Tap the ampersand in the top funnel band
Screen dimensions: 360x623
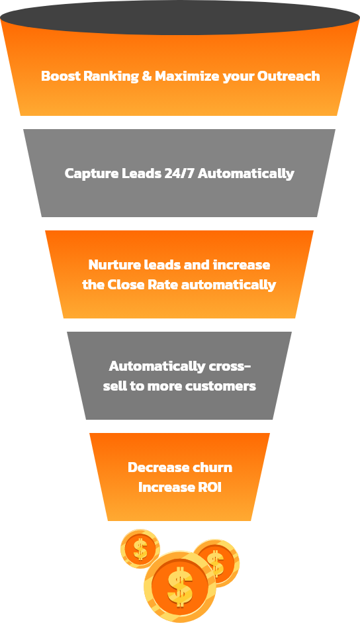147,75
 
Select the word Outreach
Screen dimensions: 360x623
289,75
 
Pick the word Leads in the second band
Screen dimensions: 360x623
141,173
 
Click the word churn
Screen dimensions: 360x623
211,467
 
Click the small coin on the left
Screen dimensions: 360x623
140,549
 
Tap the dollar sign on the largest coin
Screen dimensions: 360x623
180,587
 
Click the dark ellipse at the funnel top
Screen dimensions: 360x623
180,17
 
